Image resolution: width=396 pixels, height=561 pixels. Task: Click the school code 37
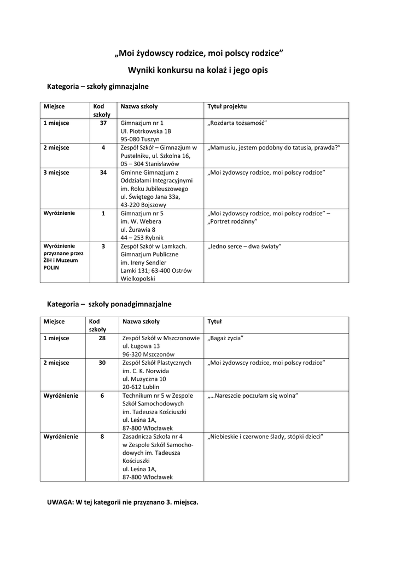103,123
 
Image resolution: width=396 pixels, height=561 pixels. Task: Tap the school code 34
103,172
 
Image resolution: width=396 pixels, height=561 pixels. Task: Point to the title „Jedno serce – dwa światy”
244,247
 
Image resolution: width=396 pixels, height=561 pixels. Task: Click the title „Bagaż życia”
225,338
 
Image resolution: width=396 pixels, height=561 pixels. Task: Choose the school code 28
102,338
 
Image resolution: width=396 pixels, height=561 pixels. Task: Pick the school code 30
102,363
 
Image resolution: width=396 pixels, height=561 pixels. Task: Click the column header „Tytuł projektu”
227,106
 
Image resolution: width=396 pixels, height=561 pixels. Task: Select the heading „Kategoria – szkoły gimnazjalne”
98,87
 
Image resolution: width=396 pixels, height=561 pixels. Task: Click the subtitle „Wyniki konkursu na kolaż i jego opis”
198,70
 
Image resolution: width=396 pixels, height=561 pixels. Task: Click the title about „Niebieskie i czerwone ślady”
266,437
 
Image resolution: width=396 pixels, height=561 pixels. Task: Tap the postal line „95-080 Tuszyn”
140,139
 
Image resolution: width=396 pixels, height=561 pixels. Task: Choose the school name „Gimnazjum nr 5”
142,214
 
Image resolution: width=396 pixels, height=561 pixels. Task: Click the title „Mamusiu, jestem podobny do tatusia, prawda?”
274,148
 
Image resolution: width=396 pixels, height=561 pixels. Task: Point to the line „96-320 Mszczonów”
148,354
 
